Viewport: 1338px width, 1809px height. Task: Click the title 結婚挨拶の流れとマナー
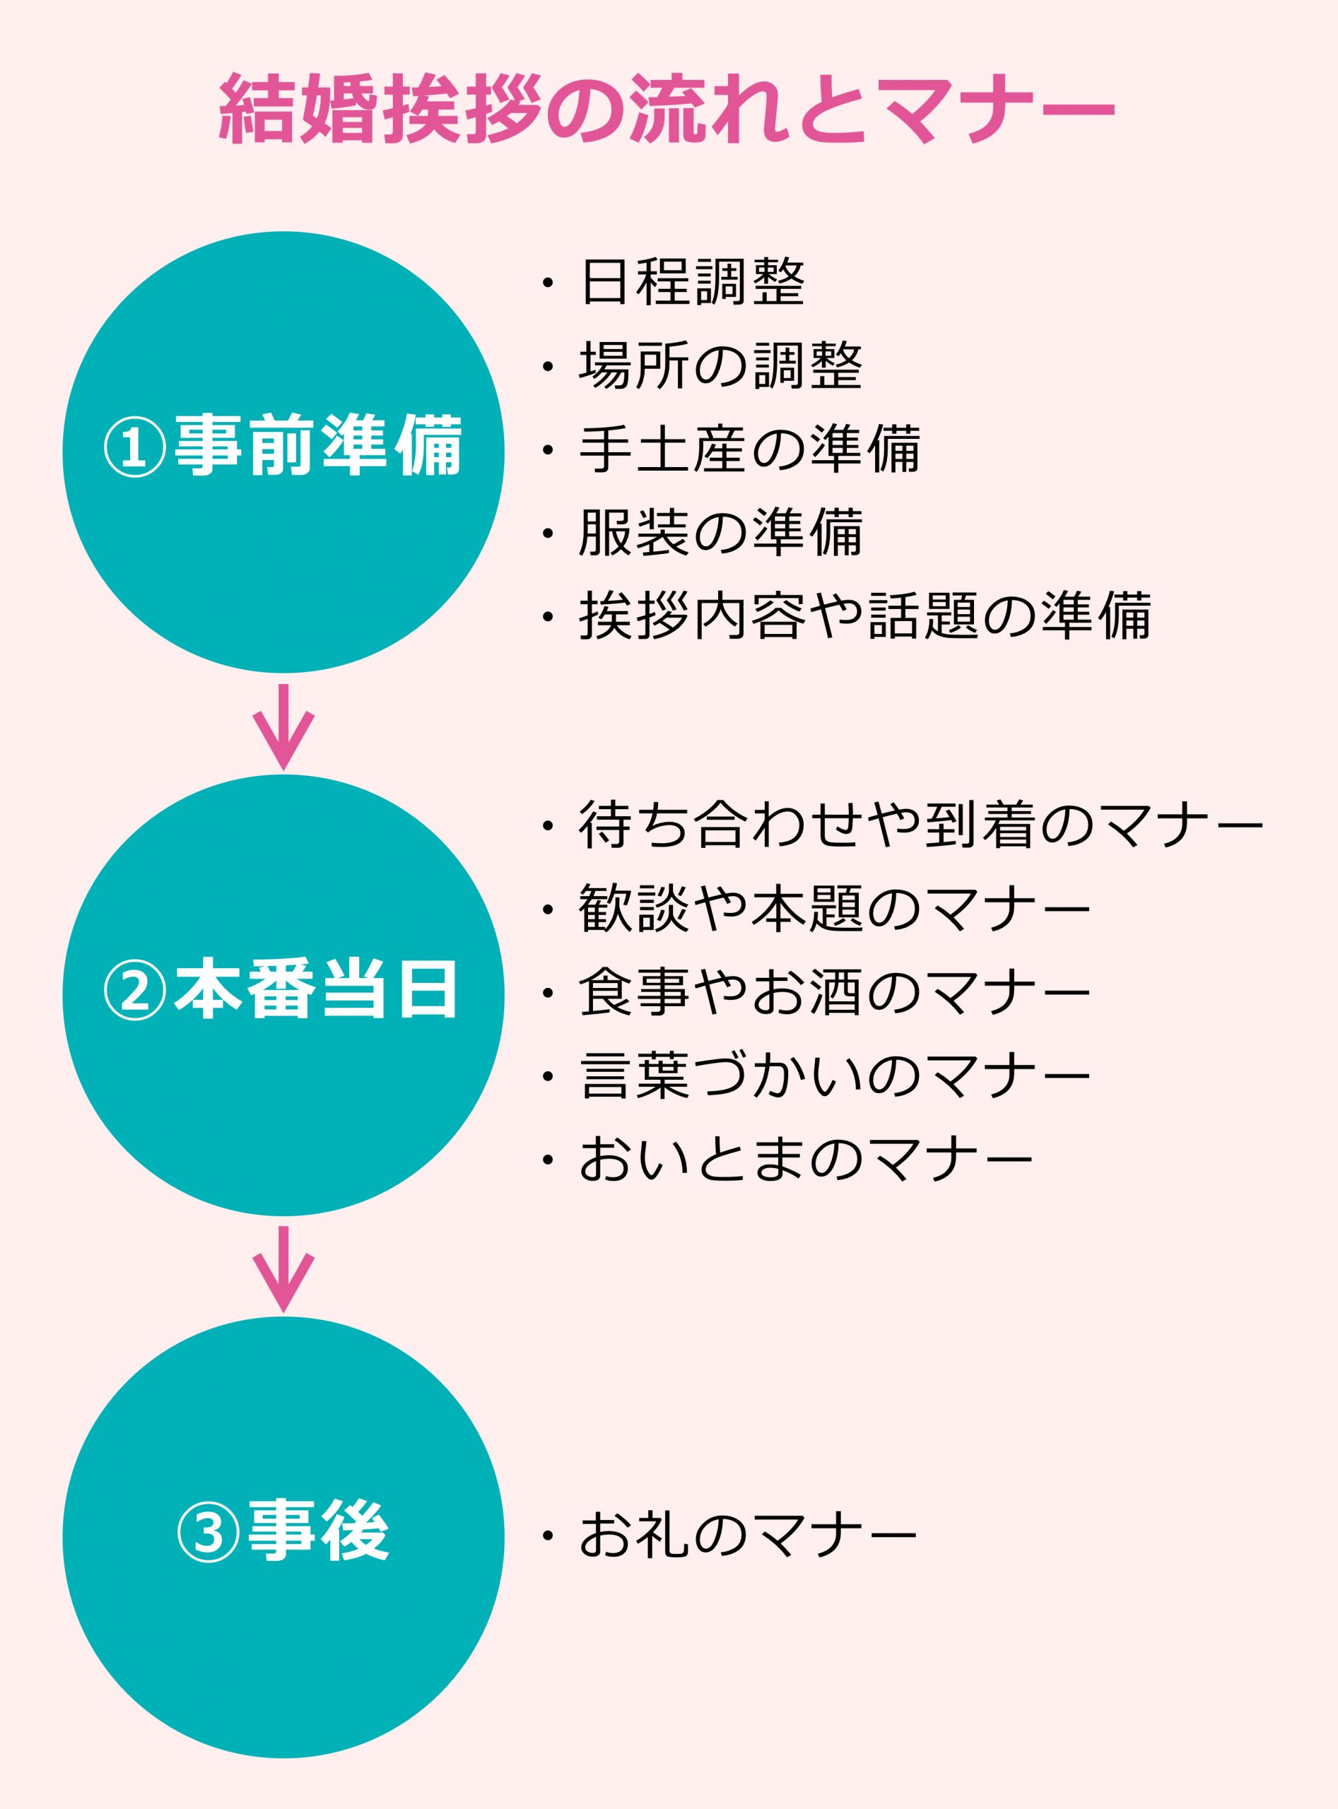tap(667, 110)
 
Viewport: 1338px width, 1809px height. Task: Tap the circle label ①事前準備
tap(283, 445)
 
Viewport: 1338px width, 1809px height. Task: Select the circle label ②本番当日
tap(283, 989)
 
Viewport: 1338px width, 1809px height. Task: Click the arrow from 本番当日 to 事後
tap(283, 1269)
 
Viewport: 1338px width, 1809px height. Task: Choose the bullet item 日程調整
tap(693, 282)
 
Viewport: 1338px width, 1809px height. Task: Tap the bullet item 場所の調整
tap(721, 365)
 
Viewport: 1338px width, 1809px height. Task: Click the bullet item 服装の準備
tap(721, 532)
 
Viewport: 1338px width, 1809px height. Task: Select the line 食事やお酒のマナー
tap(834, 992)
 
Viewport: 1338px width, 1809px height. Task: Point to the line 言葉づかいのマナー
tap(834, 1076)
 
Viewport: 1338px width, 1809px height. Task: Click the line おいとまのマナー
tap(806, 1159)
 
